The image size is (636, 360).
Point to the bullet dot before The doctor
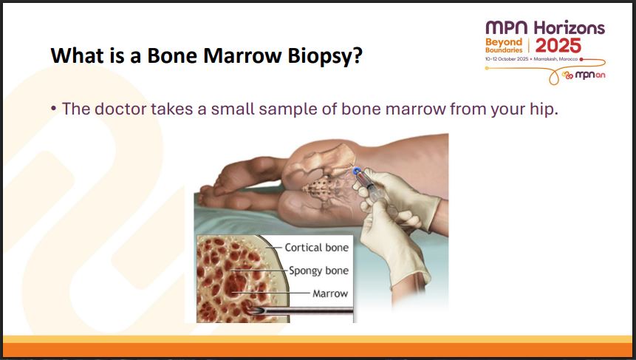pos(53,109)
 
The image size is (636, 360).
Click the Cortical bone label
pos(317,247)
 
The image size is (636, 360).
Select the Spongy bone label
pos(318,271)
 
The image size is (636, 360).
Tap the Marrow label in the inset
pos(330,293)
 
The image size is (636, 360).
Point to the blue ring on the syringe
pos(357,171)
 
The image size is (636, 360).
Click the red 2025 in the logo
pos(558,46)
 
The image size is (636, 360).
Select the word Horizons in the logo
pos(569,28)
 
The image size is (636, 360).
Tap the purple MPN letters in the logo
pos(507,27)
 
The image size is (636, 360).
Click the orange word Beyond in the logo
pos(504,42)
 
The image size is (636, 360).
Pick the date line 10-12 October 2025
pos(507,59)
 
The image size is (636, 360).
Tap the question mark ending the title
pos(358,55)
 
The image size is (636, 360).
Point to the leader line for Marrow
pos(270,293)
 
